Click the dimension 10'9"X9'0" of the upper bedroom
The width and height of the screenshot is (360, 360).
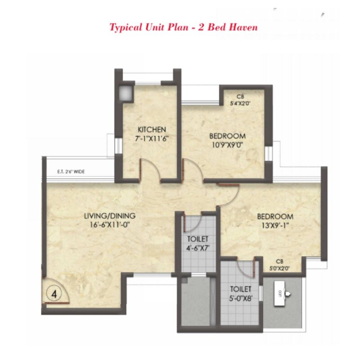pos(227,144)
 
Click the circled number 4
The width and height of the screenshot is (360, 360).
pos(54,295)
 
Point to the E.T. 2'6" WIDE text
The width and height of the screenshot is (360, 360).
pos(71,171)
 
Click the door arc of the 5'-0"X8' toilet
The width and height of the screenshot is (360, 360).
pos(246,269)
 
